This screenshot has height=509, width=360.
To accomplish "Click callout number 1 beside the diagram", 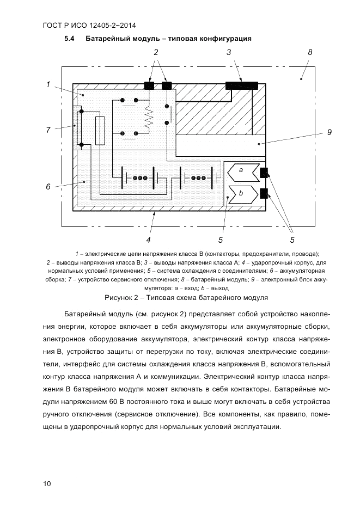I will (48, 84).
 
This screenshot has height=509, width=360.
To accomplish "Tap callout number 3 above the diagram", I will (229, 53).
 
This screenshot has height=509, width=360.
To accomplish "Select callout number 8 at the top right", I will (310, 53).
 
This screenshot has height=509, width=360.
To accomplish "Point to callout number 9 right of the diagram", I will (330, 132).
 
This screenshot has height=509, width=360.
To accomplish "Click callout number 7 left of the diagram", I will (48, 130).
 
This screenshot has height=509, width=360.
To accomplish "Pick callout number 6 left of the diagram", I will (48, 187).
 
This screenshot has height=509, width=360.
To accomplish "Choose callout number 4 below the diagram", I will (149, 239).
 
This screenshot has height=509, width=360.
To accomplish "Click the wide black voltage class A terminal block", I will (242, 85).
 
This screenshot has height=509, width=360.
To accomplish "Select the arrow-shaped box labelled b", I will (242, 193).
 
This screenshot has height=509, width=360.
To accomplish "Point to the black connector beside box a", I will (265, 173).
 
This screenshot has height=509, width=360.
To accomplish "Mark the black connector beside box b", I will (265, 193).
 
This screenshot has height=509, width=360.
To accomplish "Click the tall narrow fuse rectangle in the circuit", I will (100, 131).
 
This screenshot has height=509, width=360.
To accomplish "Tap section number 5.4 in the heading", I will (70, 39).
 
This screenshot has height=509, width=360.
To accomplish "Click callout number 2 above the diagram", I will (156, 53).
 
